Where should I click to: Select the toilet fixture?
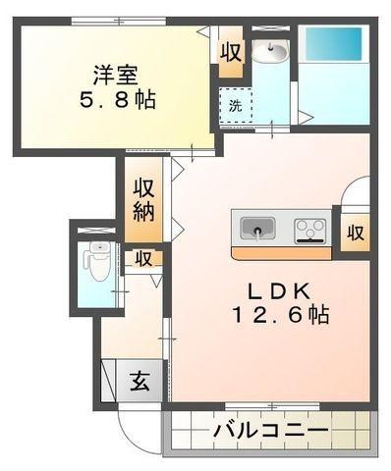pos(96,261)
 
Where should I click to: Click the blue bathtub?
pos(331,45)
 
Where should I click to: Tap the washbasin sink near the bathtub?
pos(270,53)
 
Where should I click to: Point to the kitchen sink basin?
pos(258,230)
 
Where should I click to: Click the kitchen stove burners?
pos(310,230)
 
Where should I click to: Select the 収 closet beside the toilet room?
pos(142,259)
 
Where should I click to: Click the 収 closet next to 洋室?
pos(232,52)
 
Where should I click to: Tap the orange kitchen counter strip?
pos(280,252)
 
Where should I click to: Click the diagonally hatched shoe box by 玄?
pos(109,379)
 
